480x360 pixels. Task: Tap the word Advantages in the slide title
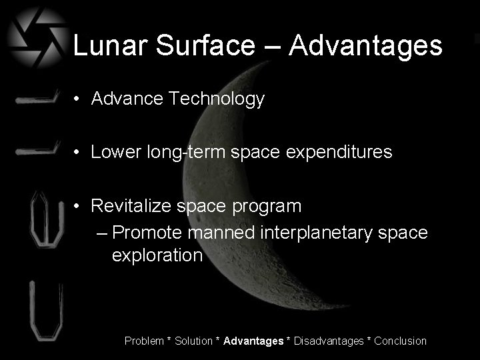point(366,46)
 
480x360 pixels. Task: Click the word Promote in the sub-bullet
point(148,233)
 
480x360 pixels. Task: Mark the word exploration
point(157,255)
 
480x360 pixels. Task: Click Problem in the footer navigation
point(144,341)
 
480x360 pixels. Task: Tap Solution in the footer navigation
point(194,341)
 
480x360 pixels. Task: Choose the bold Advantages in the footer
point(253,341)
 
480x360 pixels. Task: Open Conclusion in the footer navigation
point(400,341)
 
